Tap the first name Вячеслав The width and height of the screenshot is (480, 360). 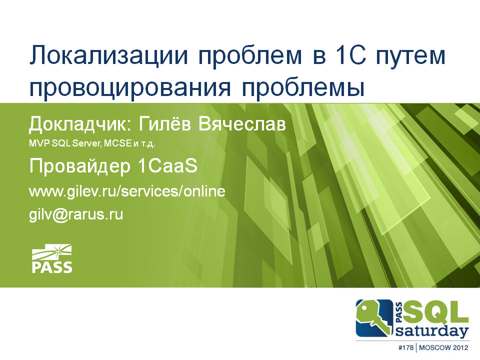pyautogui.click(x=242, y=123)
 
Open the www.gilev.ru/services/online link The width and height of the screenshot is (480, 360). pyautogui.click(x=128, y=191)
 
